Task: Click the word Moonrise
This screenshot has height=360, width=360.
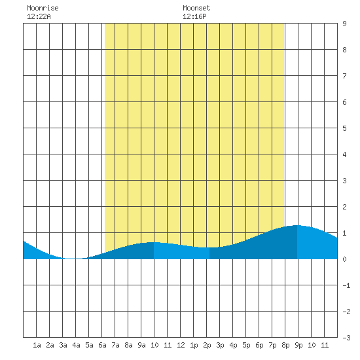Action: [43, 8]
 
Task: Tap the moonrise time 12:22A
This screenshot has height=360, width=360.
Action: [39, 16]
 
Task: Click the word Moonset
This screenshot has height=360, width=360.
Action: [196, 8]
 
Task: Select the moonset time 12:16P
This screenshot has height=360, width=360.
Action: [194, 16]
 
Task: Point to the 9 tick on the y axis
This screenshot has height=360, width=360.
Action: [344, 24]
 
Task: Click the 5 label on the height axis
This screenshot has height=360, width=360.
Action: [344, 128]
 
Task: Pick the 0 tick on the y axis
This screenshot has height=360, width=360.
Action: [344, 259]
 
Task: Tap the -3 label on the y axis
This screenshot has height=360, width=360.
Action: [346, 338]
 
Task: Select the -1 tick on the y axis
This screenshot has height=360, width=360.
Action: [346, 285]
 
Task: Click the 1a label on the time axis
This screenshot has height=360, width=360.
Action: [37, 345]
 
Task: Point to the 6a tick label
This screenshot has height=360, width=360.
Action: [102, 345]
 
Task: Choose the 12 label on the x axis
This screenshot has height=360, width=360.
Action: [181, 345]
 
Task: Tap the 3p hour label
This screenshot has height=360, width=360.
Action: [220, 345]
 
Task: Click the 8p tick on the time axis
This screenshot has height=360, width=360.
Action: [285, 345]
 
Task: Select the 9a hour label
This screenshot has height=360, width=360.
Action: [141, 345]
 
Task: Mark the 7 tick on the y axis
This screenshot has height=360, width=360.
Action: [344, 76]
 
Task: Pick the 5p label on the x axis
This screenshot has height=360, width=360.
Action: [246, 345]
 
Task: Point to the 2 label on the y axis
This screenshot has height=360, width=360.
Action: [344, 207]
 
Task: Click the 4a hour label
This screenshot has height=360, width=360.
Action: [76, 345]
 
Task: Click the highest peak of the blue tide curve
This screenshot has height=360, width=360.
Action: [298, 225]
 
